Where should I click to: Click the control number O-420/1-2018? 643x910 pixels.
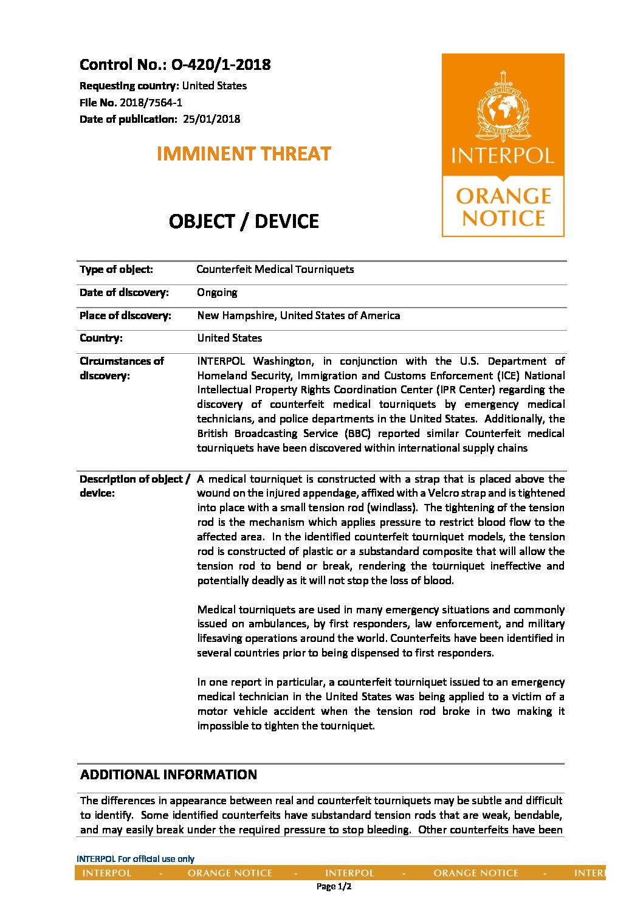click(x=221, y=65)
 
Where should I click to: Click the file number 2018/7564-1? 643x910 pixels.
click(x=151, y=103)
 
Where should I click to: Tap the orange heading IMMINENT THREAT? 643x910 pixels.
click(x=244, y=154)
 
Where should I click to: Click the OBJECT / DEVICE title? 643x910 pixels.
click(x=244, y=221)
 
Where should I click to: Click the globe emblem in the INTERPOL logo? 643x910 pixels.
click(x=503, y=108)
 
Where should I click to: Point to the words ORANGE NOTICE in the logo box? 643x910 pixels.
click(x=503, y=207)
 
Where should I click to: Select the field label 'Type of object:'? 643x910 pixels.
click(x=116, y=269)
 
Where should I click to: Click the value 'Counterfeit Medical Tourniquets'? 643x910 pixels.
click(x=275, y=269)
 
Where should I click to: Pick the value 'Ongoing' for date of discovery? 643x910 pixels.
click(x=217, y=292)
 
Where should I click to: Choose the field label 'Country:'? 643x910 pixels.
click(x=101, y=338)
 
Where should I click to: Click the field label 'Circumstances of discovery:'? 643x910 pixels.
click(x=122, y=368)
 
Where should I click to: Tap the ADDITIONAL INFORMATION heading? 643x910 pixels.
click(x=168, y=775)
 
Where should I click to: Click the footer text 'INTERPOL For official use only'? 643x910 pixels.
click(x=136, y=859)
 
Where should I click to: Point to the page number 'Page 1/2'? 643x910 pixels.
click(x=334, y=887)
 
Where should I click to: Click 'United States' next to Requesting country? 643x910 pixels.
click(x=215, y=86)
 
